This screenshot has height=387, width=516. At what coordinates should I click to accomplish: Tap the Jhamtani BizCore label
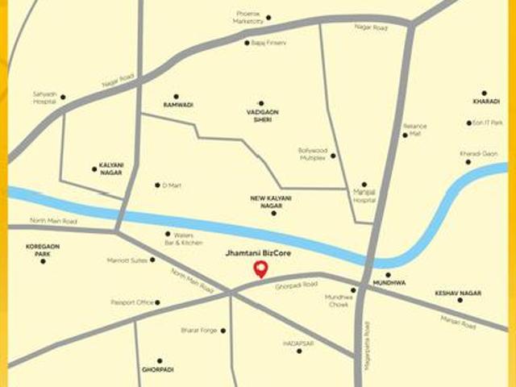point(260,253)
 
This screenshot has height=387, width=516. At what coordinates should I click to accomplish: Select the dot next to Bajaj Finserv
point(247,43)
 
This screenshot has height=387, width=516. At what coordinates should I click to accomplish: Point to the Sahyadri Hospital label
point(45,97)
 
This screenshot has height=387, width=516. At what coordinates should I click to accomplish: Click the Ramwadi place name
point(178,105)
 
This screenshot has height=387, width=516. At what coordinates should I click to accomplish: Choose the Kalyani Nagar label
point(111,169)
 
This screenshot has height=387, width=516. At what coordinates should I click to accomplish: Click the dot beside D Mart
point(157,185)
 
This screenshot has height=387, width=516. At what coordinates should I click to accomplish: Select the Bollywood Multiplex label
point(312,153)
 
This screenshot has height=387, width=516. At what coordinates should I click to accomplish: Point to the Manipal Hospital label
point(364,196)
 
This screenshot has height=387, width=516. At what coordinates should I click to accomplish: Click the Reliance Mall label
point(415,129)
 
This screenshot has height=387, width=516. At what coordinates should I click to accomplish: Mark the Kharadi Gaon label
point(478,153)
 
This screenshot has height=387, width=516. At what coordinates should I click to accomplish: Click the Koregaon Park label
point(42,250)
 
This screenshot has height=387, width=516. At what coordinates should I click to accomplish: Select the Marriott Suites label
point(127,260)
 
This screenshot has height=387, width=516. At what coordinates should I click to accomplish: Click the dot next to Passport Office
point(157,303)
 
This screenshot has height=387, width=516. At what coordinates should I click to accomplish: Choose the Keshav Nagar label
point(458,292)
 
